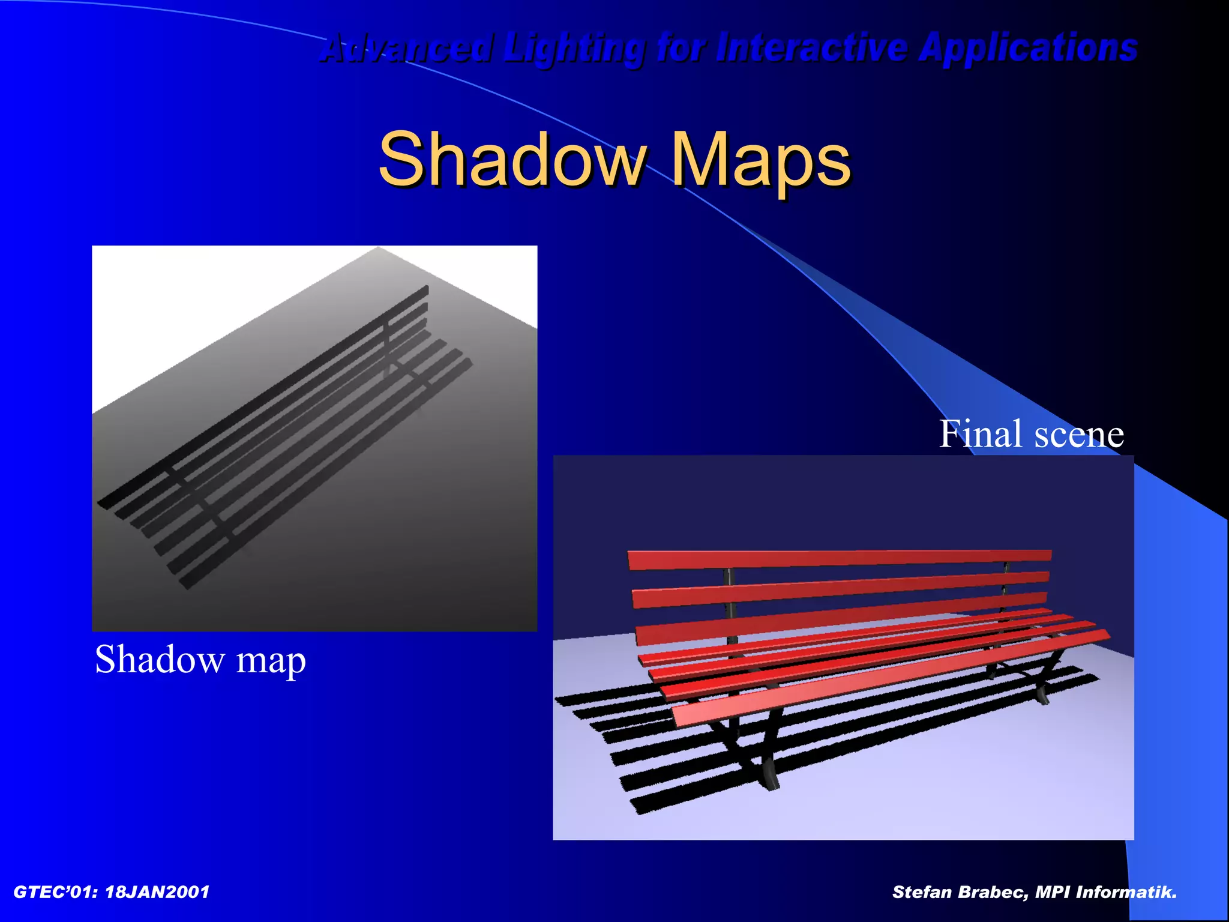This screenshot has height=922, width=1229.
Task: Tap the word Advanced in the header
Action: [407, 48]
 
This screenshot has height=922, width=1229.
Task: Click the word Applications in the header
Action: [1027, 48]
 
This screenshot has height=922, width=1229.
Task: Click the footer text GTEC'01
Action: [55, 893]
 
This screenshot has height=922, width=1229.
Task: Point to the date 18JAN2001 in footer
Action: [157, 893]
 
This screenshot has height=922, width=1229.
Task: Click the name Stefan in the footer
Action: [922, 893]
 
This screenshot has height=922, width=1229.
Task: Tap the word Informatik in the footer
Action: [1125, 893]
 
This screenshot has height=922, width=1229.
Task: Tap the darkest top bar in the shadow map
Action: [264, 396]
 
